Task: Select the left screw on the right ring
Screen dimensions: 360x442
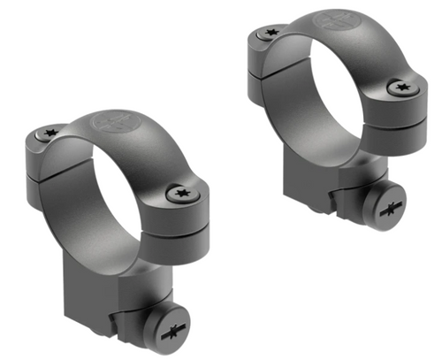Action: (268, 33)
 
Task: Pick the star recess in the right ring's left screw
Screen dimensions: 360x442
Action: (268, 33)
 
